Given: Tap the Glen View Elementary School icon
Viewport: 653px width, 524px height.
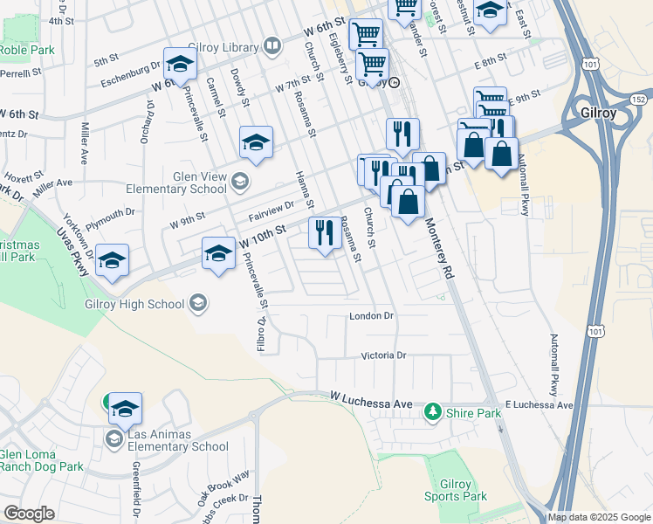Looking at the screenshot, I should point(240,182).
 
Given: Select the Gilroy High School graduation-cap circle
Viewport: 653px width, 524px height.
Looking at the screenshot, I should point(198,303).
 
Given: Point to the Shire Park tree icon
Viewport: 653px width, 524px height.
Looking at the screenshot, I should point(431,410).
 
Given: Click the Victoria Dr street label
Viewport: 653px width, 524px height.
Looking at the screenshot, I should point(384,355).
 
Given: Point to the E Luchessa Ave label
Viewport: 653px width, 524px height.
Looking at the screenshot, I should point(539,405).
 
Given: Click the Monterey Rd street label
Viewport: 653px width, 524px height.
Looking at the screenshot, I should point(441,249).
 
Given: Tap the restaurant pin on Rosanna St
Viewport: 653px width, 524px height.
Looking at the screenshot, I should point(325,232).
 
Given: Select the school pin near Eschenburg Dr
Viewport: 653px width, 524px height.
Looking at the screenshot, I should point(180,64).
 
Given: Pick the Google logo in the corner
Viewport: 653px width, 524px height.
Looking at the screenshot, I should point(29,514).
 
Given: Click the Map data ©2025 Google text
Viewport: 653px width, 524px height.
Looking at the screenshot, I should point(599,517).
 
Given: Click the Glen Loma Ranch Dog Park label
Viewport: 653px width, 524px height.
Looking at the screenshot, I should point(41,460).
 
